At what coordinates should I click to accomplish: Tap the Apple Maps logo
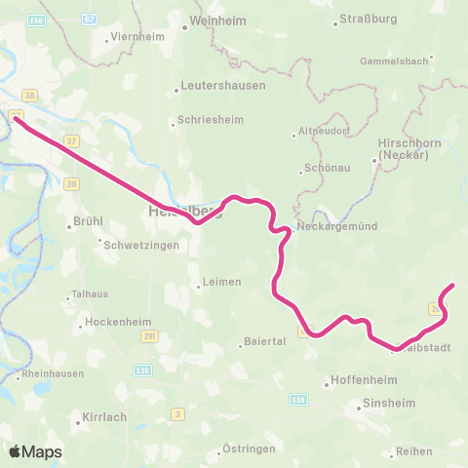[x=35, y=451]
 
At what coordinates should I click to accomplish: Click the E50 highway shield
[x=297, y=399]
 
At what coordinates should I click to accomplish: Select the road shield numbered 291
[x=149, y=337]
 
